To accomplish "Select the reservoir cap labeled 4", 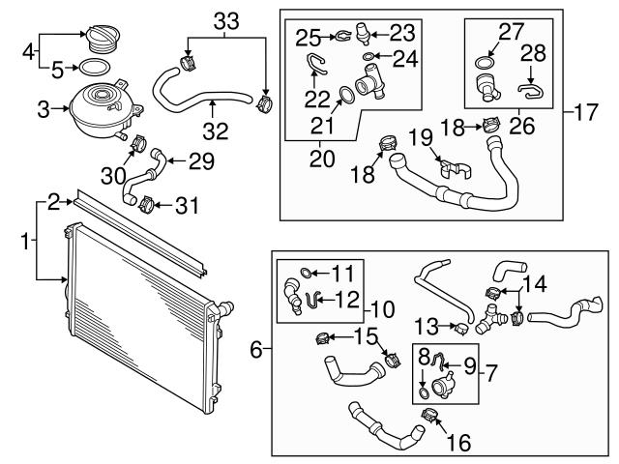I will click(x=100, y=38).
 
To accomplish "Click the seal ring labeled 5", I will click(x=92, y=68).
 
